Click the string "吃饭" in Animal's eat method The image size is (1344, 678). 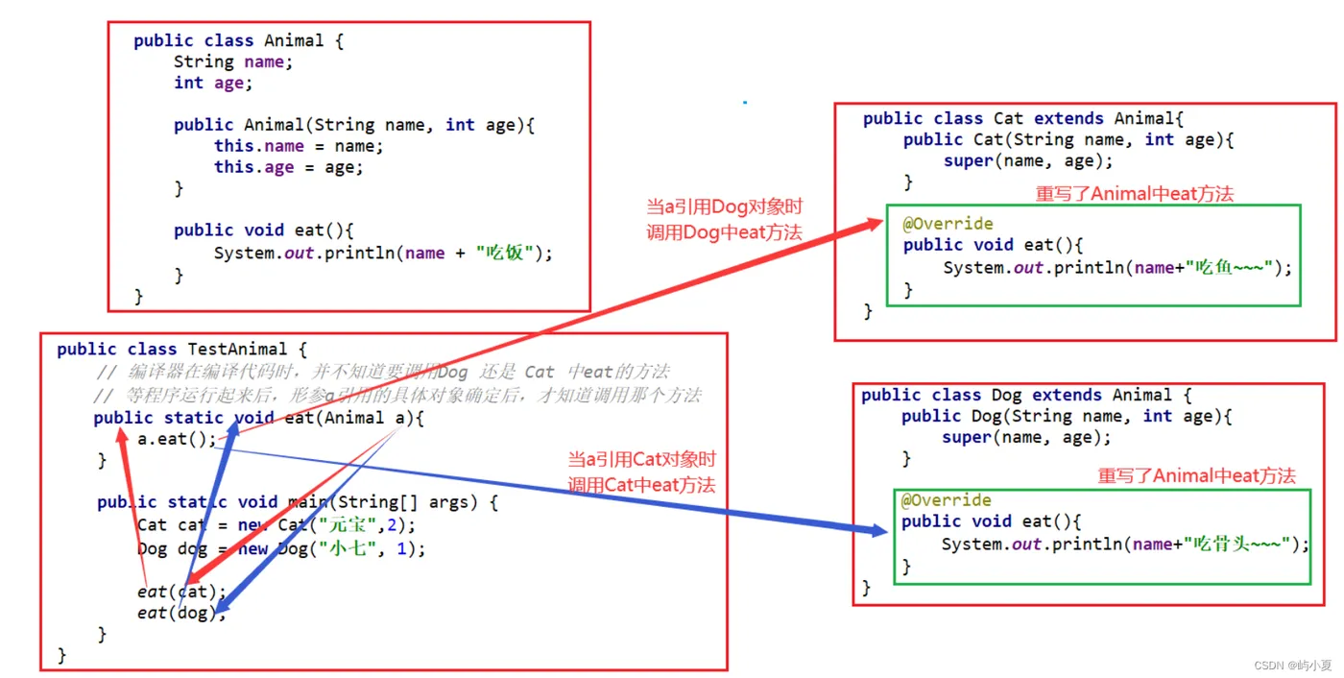tap(504, 254)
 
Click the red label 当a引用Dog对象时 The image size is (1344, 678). tap(725, 207)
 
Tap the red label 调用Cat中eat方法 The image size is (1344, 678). tap(641, 485)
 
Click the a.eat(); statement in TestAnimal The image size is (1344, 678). tap(178, 440)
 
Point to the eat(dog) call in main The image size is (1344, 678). tap(180, 613)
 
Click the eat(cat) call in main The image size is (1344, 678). tap(180, 592)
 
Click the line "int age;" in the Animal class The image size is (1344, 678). tap(213, 83)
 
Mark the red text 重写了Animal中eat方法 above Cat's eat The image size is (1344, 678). tap(1134, 194)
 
